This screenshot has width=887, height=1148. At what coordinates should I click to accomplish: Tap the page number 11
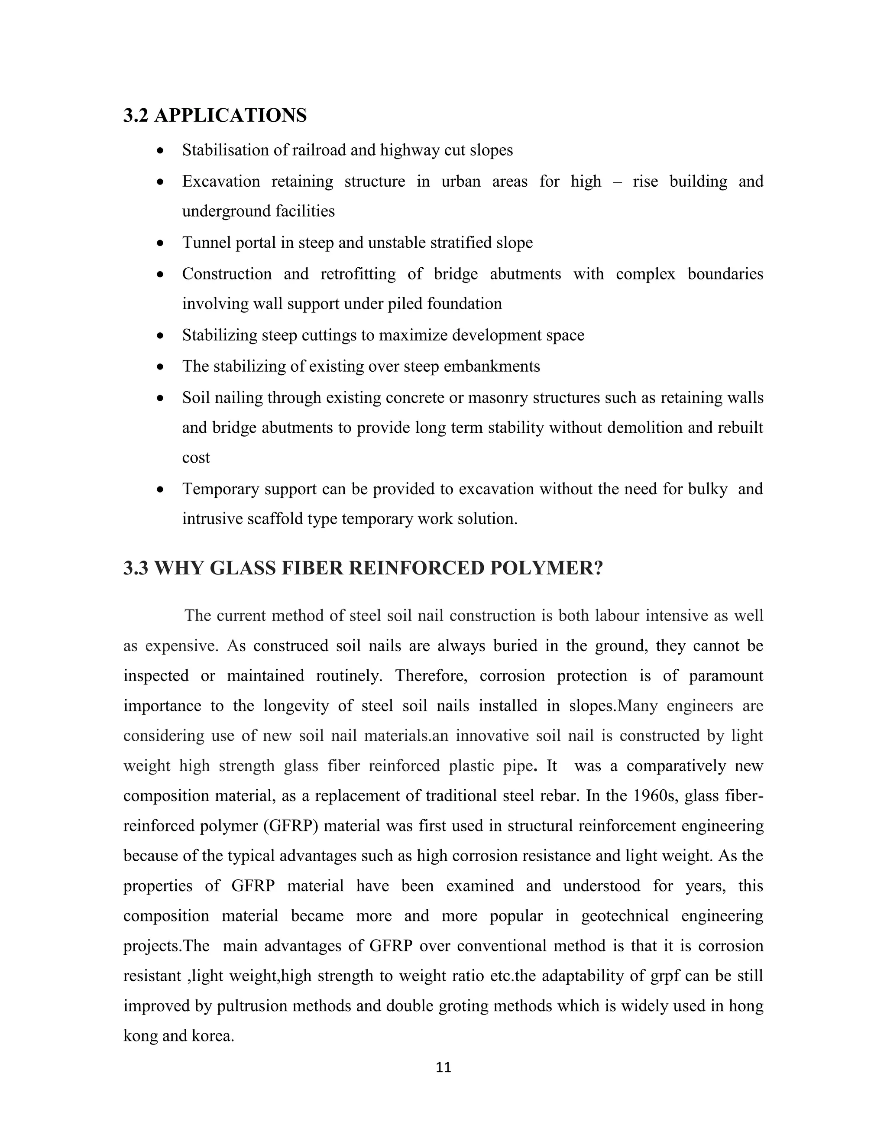(x=443, y=1067)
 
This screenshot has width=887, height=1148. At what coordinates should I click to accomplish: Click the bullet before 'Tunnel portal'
(x=160, y=243)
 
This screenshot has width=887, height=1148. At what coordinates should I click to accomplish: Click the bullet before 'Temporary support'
(x=160, y=490)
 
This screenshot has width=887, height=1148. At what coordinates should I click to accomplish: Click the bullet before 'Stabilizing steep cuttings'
(x=160, y=336)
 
